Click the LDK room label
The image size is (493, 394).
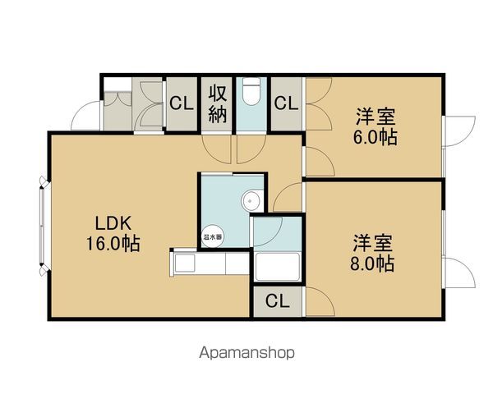[x=113, y=223]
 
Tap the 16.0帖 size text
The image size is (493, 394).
[x=113, y=243]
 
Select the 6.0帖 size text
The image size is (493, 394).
[x=375, y=137]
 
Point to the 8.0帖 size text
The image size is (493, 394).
[x=372, y=263]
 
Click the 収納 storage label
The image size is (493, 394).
[x=218, y=104]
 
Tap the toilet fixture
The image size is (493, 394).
[x=251, y=91]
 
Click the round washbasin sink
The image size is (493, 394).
[x=251, y=201]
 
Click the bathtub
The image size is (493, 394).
[x=278, y=267]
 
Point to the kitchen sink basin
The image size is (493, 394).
[x=184, y=263]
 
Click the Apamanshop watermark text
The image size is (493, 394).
[x=246, y=353]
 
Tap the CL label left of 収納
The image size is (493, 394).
[x=182, y=103]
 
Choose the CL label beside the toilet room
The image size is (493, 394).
[x=286, y=103]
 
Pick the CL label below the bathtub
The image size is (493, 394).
[x=278, y=301]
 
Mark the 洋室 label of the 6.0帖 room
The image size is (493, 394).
[x=376, y=117]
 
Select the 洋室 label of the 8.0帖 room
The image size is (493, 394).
[x=373, y=243]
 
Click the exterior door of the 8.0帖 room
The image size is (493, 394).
[x=458, y=273]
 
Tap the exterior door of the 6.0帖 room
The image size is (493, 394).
[x=458, y=131]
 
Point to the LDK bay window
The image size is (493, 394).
[x=44, y=227]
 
